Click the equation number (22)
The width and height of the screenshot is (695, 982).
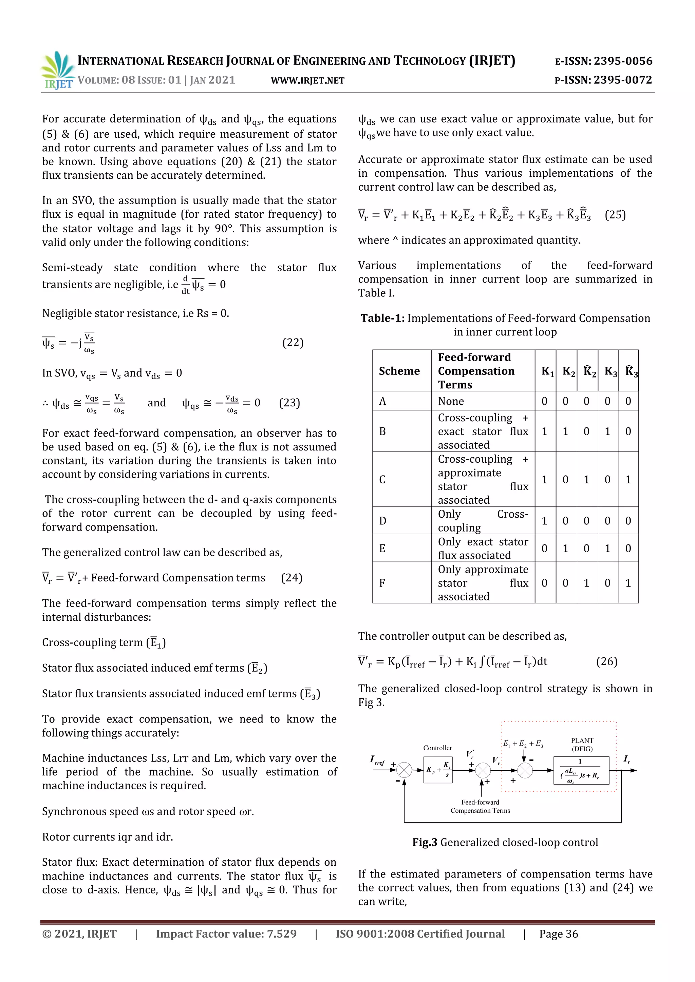[x=293, y=343]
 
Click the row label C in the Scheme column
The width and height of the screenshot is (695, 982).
[x=382, y=479]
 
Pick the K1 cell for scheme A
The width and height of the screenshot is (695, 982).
[x=544, y=401]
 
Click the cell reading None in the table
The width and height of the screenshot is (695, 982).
[x=451, y=401]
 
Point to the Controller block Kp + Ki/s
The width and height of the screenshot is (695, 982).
[x=438, y=770]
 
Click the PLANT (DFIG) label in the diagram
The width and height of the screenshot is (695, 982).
[x=582, y=744]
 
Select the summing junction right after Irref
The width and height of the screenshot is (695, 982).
[x=403, y=770]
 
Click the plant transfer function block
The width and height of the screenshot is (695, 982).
[x=581, y=770]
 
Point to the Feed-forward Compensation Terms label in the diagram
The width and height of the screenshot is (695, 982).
[x=480, y=806]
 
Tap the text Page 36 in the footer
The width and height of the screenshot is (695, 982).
[x=559, y=934]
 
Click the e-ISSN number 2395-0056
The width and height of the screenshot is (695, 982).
[x=623, y=61]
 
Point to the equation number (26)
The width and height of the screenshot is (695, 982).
[x=606, y=662]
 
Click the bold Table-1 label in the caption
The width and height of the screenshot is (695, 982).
[x=382, y=318]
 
